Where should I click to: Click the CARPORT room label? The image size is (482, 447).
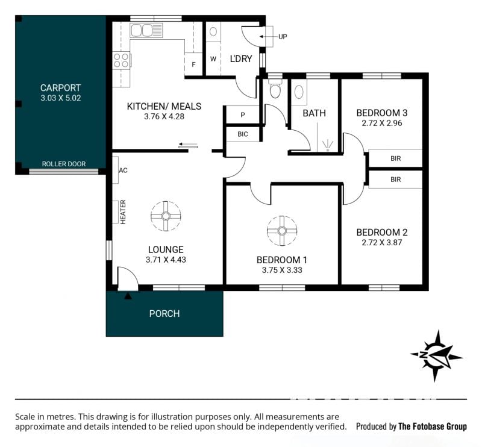pyautogui.click(x=61, y=88)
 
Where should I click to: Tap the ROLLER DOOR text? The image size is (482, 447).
pyautogui.click(x=64, y=164)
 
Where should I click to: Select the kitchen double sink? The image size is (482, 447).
pyautogui.click(x=146, y=31)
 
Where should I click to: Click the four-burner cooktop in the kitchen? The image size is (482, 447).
pyautogui.click(x=121, y=60)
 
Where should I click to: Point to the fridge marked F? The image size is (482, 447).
pyautogui.click(x=193, y=64)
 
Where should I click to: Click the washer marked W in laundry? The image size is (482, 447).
pyautogui.click(x=213, y=58)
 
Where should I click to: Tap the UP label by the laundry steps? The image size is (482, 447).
pyautogui.click(x=283, y=37)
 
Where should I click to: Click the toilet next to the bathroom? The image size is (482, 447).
pyautogui.click(x=275, y=89)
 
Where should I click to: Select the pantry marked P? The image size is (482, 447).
pyautogui.click(x=243, y=115)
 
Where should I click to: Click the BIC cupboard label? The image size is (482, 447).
pyautogui.click(x=243, y=134)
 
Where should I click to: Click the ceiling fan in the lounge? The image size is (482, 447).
pyautogui.click(x=166, y=216)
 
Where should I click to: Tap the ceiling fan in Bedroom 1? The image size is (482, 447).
pyautogui.click(x=282, y=231)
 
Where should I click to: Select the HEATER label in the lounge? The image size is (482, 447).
pyautogui.click(x=123, y=212)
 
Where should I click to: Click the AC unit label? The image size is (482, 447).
pyautogui.click(x=123, y=170)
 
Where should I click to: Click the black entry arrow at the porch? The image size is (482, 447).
pyautogui.click(x=128, y=296)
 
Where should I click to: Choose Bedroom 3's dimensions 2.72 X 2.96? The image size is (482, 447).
pyautogui.click(x=382, y=123)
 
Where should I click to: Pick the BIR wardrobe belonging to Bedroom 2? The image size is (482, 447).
pyautogui.click(x=395, y=180)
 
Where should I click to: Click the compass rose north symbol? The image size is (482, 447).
pyautogui.click(x=436, y=355)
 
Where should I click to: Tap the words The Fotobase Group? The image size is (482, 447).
pyautogui.click(x=433, y=427)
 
